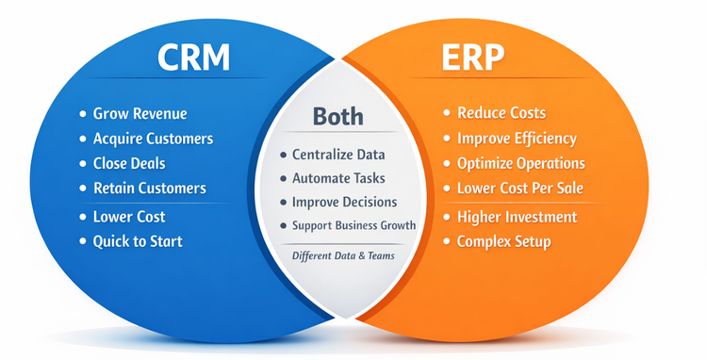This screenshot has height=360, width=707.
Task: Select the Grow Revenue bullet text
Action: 140,114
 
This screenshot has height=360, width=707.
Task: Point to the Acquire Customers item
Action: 153,139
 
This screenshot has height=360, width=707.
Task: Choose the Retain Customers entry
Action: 149,188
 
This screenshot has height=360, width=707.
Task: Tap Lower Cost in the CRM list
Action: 129,217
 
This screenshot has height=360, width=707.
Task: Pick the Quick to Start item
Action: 138,241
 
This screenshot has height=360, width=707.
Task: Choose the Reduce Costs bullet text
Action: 501,113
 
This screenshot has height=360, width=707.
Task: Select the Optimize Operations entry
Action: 521,163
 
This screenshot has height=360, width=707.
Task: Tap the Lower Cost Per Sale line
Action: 520,188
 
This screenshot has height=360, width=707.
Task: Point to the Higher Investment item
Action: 517,217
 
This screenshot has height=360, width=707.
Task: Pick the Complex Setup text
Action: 504,241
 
